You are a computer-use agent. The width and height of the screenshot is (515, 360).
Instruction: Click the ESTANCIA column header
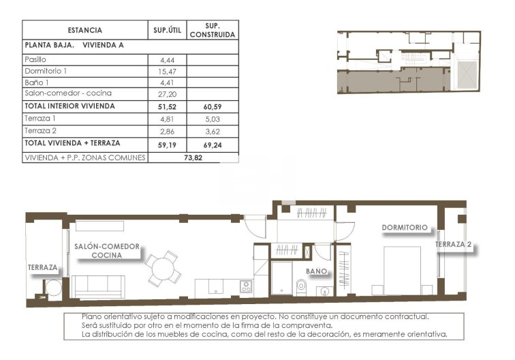[x=85, y=30]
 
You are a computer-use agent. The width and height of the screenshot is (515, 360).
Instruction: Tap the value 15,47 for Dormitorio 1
[x=166, y=71]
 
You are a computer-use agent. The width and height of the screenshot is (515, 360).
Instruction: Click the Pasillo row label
[x=35, y=60]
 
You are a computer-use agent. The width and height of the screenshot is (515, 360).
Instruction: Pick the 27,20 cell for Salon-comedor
[x=166, y=93]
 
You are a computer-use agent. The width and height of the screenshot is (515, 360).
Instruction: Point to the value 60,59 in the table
[x=212, y=106]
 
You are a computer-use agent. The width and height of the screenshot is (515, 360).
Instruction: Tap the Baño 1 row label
[x=37, y=82]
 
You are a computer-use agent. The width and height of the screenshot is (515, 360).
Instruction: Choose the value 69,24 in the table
[x=212, y=144]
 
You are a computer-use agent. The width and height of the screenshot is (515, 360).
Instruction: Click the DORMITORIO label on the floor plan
[x=405, y=228]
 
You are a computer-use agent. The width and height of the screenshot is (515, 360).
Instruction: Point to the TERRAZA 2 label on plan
[x=454, y=244]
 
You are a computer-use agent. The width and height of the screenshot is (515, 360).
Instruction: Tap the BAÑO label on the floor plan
[x=317, y=271]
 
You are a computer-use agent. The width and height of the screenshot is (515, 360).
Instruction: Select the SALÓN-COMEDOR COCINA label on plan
[x=106, y=250]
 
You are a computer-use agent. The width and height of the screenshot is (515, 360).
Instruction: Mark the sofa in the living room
[x=99, y=286]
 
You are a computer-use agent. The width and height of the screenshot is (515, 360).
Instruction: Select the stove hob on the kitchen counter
[x=246, y=286]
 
